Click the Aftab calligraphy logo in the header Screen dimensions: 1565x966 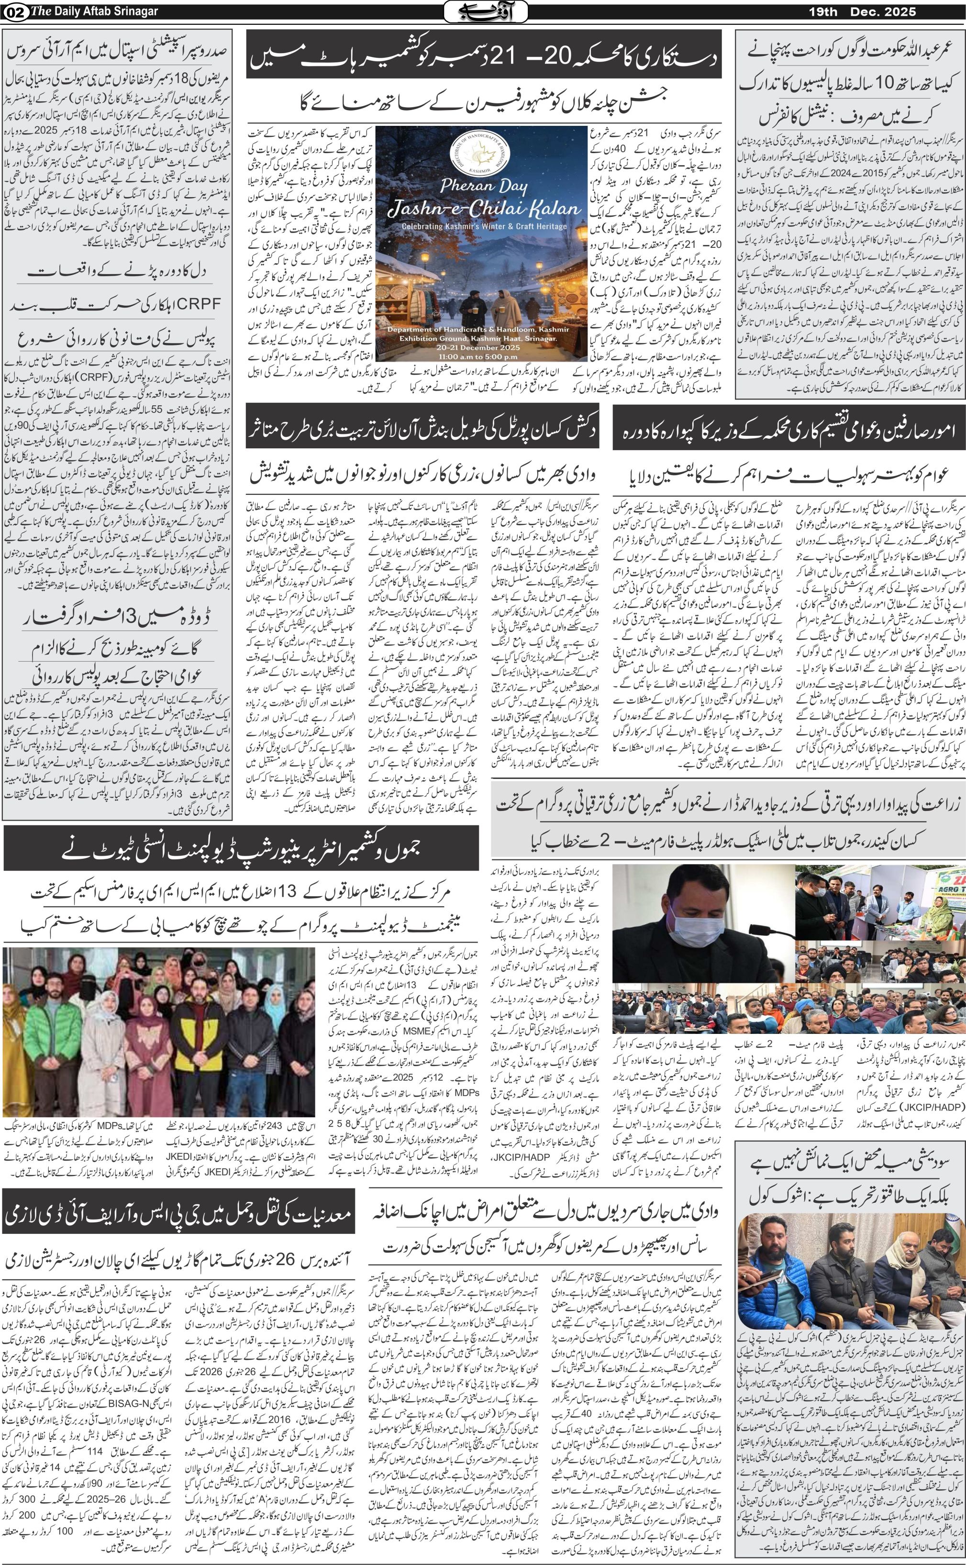[486, 11]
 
